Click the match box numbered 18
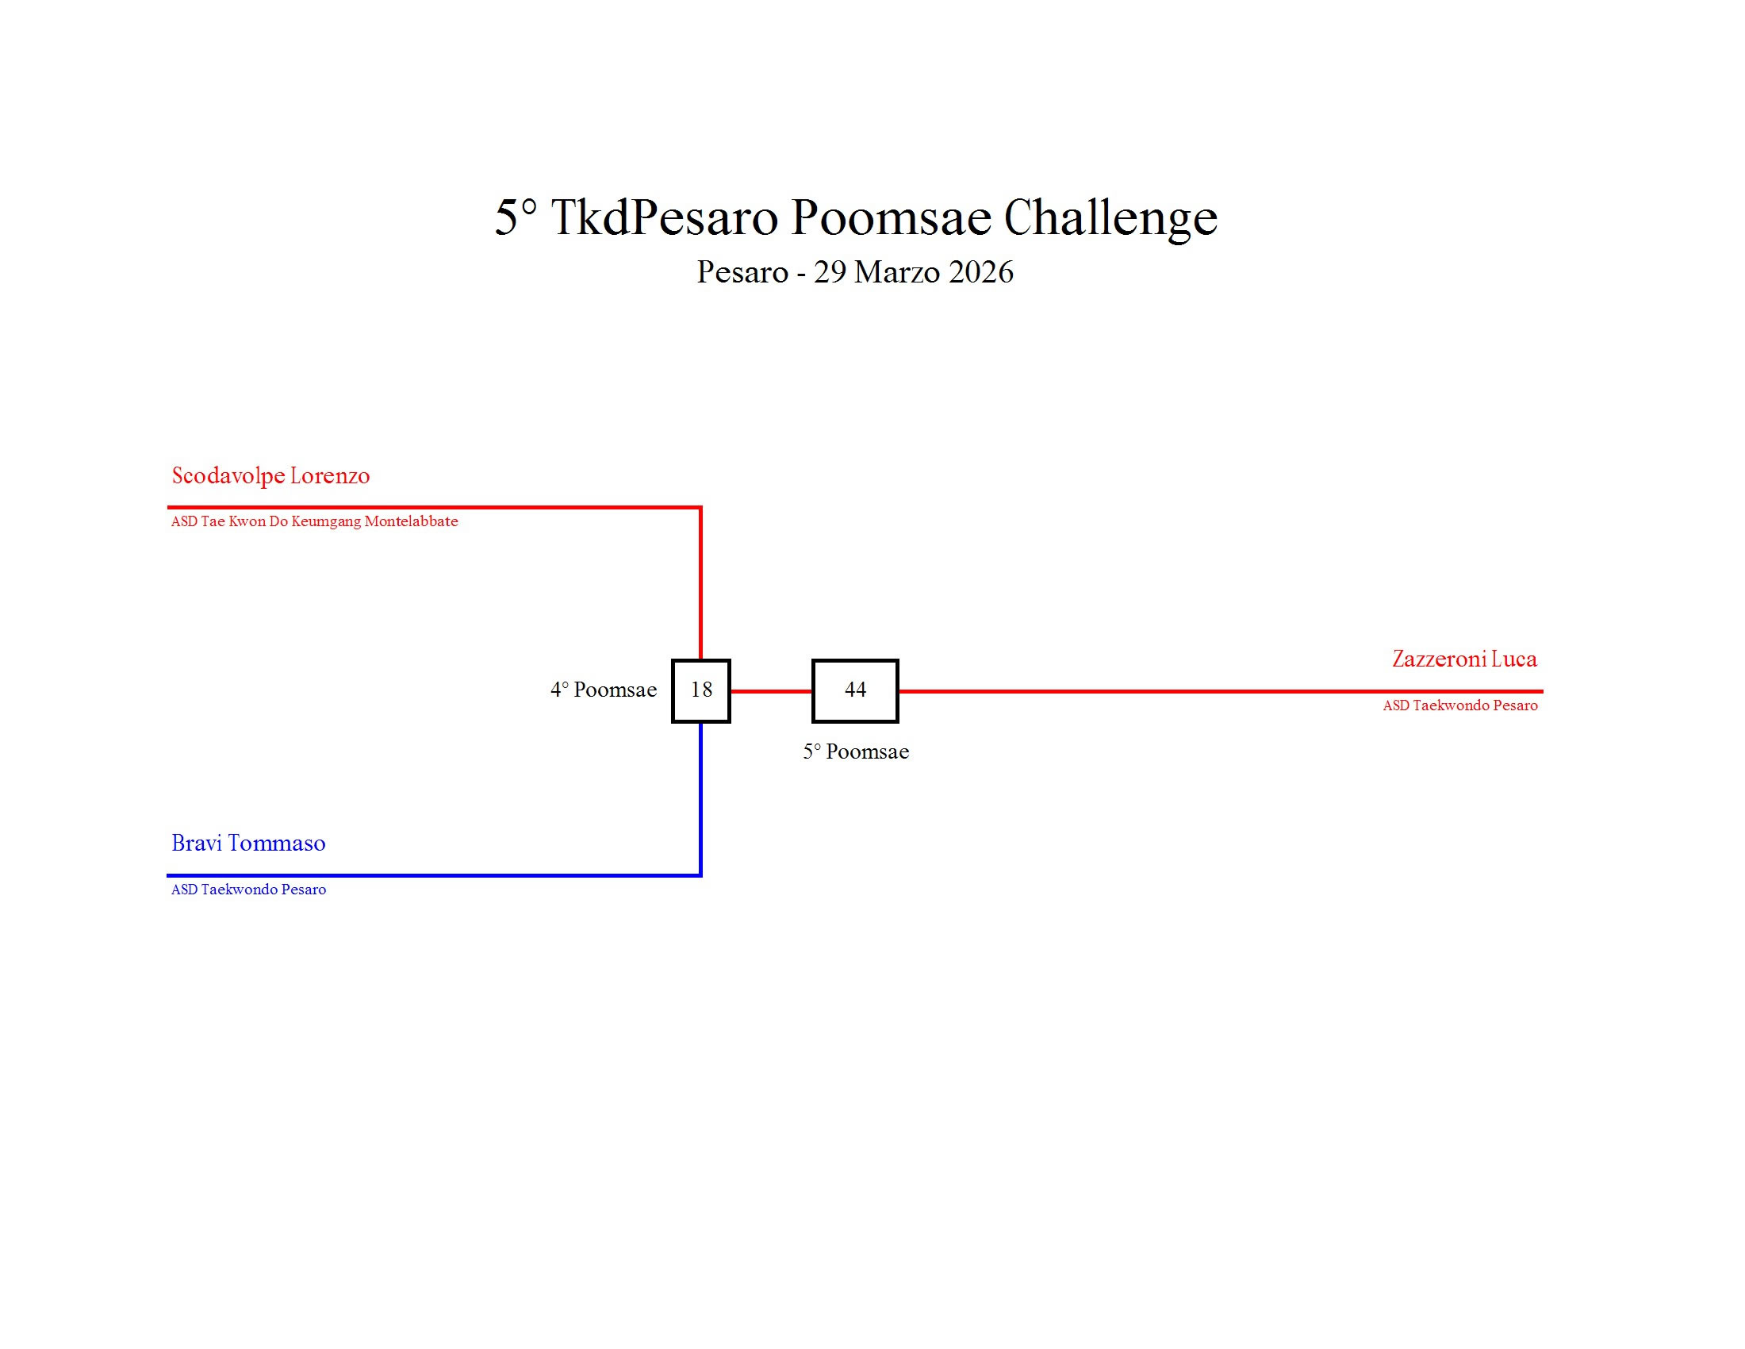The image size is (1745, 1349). (700, 690)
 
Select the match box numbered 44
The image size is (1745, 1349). (855, 690)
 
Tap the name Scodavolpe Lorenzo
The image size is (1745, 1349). (270, 475)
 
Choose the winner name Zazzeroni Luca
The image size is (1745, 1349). (1463, 659)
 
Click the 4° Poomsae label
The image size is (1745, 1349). (604, 690)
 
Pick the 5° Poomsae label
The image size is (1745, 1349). (856, 752)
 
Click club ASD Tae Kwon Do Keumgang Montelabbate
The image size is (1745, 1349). (314, 522)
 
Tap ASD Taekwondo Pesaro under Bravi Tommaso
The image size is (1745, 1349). (248, 890)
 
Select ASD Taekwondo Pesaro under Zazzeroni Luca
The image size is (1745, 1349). (1459, 705)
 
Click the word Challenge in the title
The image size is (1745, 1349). (1110, 217)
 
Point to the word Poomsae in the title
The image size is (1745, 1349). (891, 217)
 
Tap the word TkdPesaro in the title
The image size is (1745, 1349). (664, 217)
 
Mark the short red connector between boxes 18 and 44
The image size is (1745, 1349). (771, 691)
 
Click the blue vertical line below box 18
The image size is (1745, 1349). (700, 799)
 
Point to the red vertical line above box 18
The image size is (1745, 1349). (700, 583)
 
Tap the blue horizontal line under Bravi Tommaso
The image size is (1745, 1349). (431, 876)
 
